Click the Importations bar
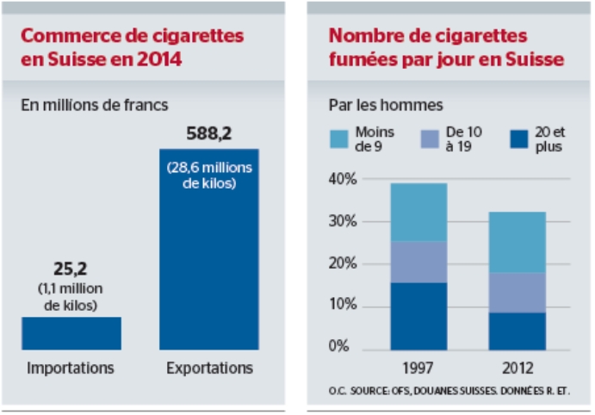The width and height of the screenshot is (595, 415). pyautogui.click(x=71, y=332)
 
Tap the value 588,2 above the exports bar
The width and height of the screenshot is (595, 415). pyautogui.click(x=209, y=134)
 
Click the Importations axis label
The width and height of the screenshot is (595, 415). pyautogui.click(x=71, y=369)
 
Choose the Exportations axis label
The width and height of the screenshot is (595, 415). pyautogui.click(x=209, y=369)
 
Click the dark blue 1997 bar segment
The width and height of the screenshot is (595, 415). pyautogui.click(x=418, y=315)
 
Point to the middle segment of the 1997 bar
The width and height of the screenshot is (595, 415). pyautogui.click(x=418, y=262)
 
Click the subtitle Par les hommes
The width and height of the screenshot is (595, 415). pyautogui.click(x=386, y=106)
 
